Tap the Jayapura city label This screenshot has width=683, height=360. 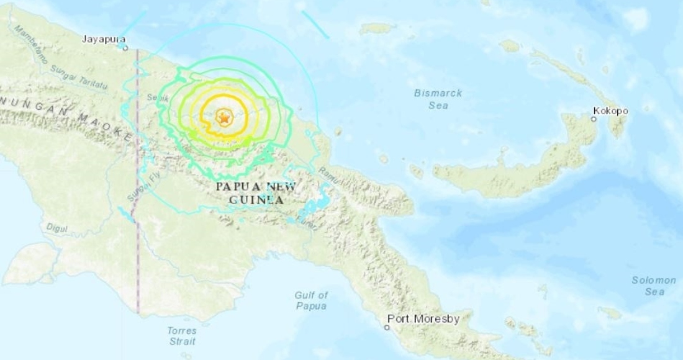point(101,39)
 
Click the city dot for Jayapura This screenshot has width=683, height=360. point(125,47)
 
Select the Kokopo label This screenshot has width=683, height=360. point(610,111)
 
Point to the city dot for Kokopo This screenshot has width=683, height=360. point(594,119)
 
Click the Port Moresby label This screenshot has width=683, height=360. point(423,319)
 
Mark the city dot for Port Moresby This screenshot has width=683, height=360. point(386,327)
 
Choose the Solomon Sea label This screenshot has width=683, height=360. point(654,286)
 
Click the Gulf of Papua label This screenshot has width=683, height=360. point(311,301)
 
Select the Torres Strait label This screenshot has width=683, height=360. point(182,336)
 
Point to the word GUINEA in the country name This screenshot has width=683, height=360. point(256,200)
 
